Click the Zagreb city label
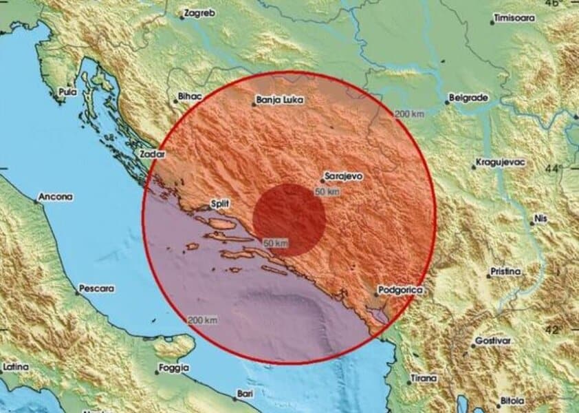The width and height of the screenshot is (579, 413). coord(200,14)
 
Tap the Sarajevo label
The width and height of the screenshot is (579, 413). coord(345,176)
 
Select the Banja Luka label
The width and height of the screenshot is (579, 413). coord(275,100)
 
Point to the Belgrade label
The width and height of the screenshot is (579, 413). coord(470,98)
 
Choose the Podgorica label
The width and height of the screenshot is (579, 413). coord(400,292)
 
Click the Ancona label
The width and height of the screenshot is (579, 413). coord(56,197)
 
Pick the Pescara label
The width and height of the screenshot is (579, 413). coord(97,289)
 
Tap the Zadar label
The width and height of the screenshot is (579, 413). coord(153,153)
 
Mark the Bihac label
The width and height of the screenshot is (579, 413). coord(188,97)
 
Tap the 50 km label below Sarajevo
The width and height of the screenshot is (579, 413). coord(327,191)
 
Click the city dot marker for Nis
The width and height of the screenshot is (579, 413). coord(530,222)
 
